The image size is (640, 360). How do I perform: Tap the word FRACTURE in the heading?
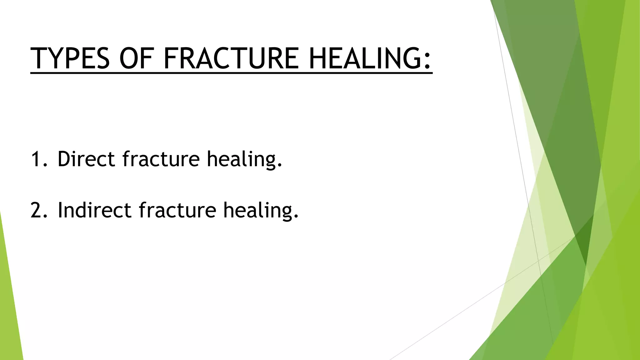click(231, 58)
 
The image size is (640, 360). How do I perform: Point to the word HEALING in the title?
click(364, 58)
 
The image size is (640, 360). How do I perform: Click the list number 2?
click(37, 210)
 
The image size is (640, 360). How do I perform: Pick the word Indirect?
click(94, 210)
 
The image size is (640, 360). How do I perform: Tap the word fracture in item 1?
click(161, 159)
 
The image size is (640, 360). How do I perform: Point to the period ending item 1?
click(280, 166)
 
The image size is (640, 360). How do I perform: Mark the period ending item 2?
click(296, 217)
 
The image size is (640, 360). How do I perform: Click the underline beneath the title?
click(231, 73)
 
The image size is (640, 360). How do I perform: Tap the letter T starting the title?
click(39, 58)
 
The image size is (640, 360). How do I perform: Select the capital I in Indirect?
click(60, 210)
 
